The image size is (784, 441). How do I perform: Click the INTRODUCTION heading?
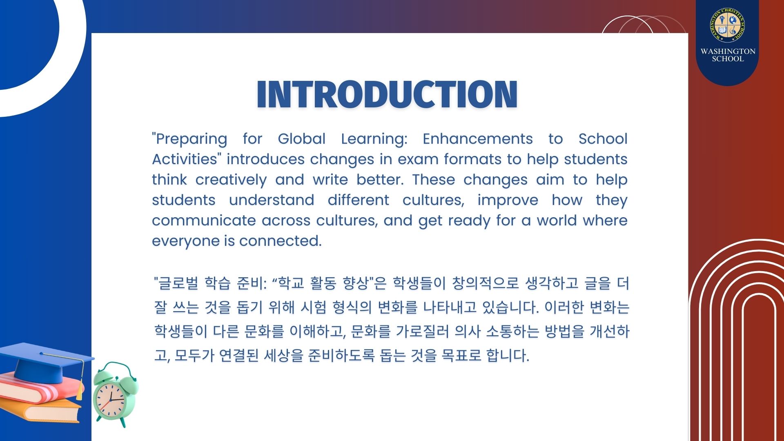tap(387, 94)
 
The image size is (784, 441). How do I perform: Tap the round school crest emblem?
tap(727, 25)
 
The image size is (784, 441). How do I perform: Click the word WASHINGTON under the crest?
tap(728, 51)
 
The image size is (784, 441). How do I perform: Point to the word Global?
tap(302, 138)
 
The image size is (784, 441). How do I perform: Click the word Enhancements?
tap(478, 138)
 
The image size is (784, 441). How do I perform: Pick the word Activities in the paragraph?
tap(185, 159)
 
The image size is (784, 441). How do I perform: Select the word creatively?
tap(231, 180)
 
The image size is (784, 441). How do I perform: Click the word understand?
tap(272, 200)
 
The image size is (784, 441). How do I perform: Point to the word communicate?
tap(204, 220)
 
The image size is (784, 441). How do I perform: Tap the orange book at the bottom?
tap(41, 410)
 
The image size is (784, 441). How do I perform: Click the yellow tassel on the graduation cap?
tap(79, 386)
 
